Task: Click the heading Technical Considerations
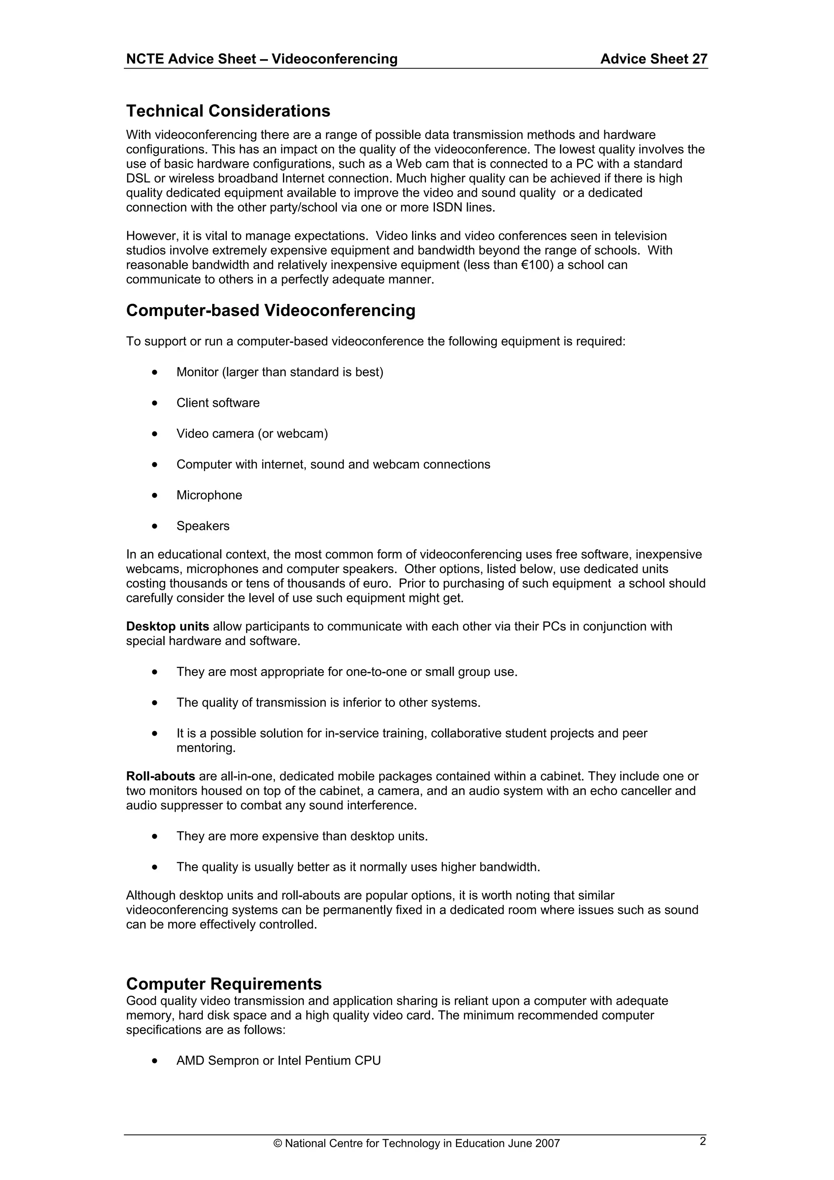tap(228, 111)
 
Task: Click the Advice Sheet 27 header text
tap(653, 59)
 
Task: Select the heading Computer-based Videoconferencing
tap(270, 310)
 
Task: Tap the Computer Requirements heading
tap(224, 984)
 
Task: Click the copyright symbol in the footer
tap(278, 1158)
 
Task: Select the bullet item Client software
tap(218, 403)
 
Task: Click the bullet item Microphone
tap(209, 495)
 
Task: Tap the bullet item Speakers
tap(203, 526)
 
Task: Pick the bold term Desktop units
tap(167, 626)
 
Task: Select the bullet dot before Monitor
tap(155, 372)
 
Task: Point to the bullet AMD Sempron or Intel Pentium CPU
tap(278, 1061)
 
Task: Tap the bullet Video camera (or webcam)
tap(252, 434)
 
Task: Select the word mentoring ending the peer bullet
tap(206, 748)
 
